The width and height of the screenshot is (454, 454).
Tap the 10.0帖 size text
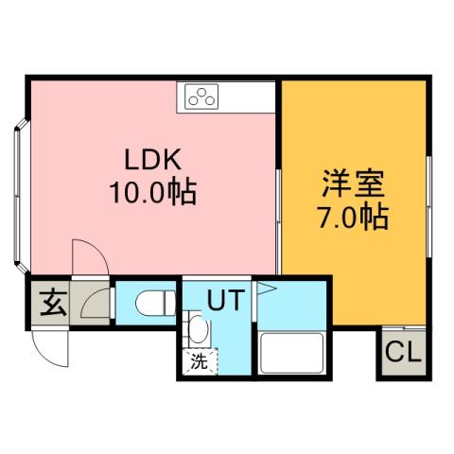point(151,193)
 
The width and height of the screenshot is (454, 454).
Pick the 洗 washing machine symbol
point(199,359)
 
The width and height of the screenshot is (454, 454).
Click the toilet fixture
point(153,304)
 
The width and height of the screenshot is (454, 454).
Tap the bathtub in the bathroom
point(292,354)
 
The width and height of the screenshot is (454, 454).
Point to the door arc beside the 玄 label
point(96,304)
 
